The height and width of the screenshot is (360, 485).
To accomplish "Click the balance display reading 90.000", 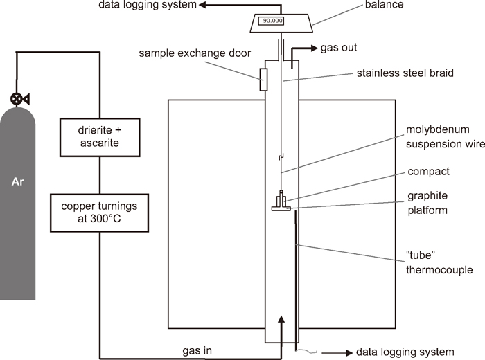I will point(271,21).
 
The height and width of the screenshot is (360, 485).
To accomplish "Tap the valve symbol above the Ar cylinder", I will point(17,98).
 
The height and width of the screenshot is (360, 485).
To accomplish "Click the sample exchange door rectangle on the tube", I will point(263,80).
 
